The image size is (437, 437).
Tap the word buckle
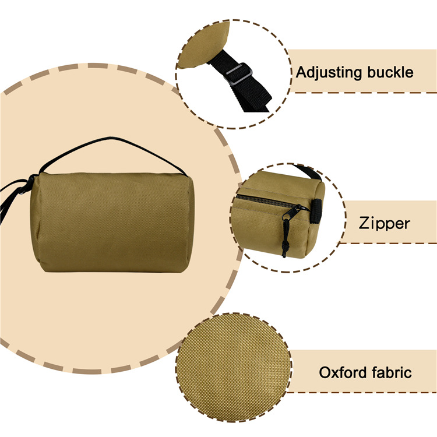click(390, 72)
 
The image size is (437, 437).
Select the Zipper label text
click(385, 224)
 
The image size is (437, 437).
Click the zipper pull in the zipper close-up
click(292, 212)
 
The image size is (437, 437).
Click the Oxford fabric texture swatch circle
click(234, 367)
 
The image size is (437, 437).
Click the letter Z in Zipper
click(365, 223)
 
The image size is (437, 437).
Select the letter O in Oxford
click(325, 373)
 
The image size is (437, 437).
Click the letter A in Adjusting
click(302, 72)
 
